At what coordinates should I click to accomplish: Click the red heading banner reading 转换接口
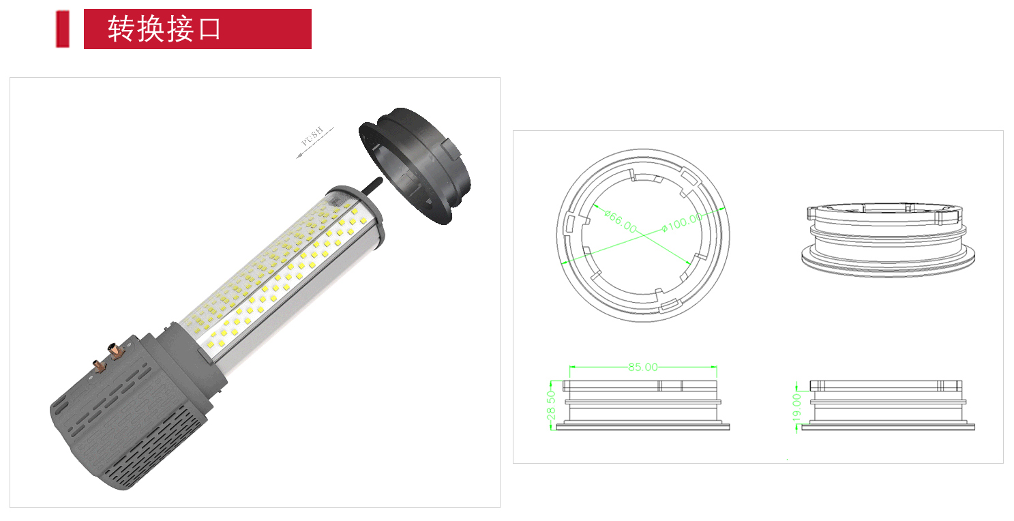pos(197,29)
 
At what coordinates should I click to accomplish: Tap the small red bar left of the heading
pos(63,29)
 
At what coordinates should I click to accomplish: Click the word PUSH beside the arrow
pos(312,136)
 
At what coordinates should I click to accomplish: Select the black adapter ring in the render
pos(414,165)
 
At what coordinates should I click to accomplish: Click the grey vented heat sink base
pos(132,412)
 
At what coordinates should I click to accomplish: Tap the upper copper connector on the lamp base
pos(115,351)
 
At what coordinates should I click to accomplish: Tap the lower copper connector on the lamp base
pos(100,366)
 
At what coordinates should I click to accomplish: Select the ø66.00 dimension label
pos(621,222)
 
